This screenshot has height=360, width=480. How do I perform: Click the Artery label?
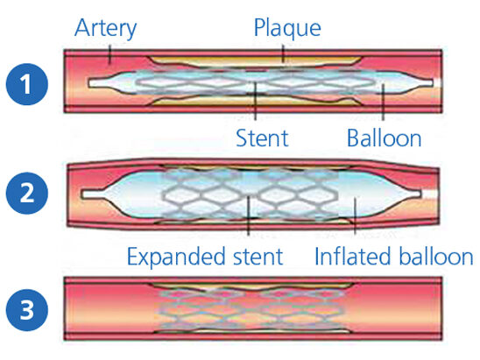pos(106,29)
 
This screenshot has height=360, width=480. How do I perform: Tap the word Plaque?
pos(287,29)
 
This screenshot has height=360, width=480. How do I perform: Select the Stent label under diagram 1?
pos(263,138)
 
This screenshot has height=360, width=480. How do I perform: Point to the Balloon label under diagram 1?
pos(384,138)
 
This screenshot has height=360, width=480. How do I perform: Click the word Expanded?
pos(178,258)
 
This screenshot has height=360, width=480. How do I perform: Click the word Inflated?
pos(352,257)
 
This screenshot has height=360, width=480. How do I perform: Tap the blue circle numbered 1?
pos(27,84)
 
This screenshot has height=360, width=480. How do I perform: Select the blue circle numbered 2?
pos(27,194)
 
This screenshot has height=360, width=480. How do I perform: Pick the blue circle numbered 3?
pos(27,310)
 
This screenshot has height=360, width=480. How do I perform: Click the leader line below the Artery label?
pos(109,54)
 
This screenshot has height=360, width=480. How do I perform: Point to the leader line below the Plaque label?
pos(283,54)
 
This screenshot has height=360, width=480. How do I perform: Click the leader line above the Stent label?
pos(255,102)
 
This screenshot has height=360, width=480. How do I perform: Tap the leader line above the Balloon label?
pos(383,102)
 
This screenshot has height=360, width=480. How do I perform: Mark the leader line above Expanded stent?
pos(249,215)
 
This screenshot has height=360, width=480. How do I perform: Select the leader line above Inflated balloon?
pos(355,215)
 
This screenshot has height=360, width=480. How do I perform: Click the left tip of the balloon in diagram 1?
pos(88,83)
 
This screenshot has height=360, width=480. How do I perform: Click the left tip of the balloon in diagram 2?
pos(81,194)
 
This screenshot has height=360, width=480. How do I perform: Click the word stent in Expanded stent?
pos(258,257)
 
